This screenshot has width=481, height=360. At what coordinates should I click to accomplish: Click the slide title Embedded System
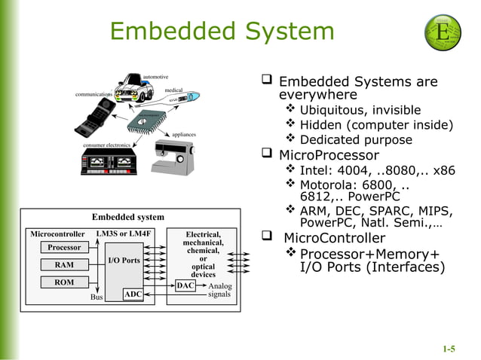click(x=222, y=31)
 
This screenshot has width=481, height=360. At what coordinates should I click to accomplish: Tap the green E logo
click(x=443, y=32)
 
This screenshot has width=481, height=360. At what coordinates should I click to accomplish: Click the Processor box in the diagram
click(x=64, y=247)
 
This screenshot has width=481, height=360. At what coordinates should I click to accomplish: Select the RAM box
click(x=64, y=265)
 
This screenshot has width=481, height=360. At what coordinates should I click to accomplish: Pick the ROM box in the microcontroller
click(x=64, y=283)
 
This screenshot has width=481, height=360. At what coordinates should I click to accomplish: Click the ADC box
click(x=133, y=294)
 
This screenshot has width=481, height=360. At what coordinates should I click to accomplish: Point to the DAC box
click(x=185, y=285)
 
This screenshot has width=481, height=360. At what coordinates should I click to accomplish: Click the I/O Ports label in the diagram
click(x=124, y=261)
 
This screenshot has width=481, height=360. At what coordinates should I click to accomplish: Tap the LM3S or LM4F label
click(x=124, y=233)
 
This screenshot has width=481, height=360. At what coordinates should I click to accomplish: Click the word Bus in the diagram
click(x=97, y=297)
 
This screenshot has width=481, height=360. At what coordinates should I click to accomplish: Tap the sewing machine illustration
click(x=176, y=155)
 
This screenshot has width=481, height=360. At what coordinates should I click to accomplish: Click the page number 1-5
click(x=449, y=349)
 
